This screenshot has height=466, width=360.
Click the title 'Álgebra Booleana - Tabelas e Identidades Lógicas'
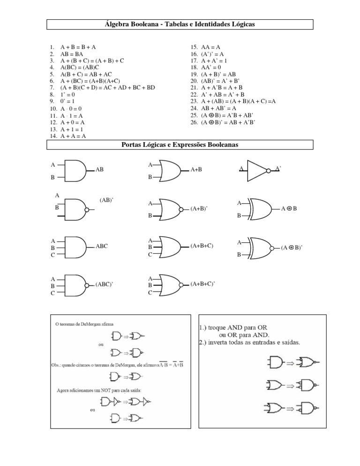(180, 24)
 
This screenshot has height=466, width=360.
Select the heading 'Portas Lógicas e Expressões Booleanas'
(180, 145)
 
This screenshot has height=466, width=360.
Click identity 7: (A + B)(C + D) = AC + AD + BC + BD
(107, 88)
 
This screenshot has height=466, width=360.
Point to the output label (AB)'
(107, 200)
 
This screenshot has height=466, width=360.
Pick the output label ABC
(102, 246)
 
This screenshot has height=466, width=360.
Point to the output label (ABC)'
(105, 285)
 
